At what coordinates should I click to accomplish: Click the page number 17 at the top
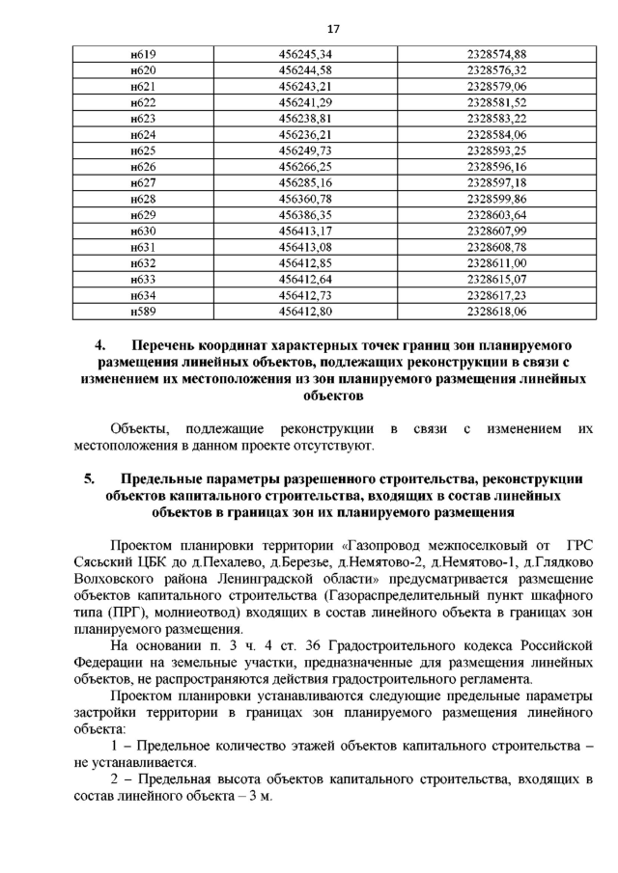[308, 27]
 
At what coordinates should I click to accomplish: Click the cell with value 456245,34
[305, 55]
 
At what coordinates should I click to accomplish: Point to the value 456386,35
[305, 214]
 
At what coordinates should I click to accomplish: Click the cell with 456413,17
[305, 231]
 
